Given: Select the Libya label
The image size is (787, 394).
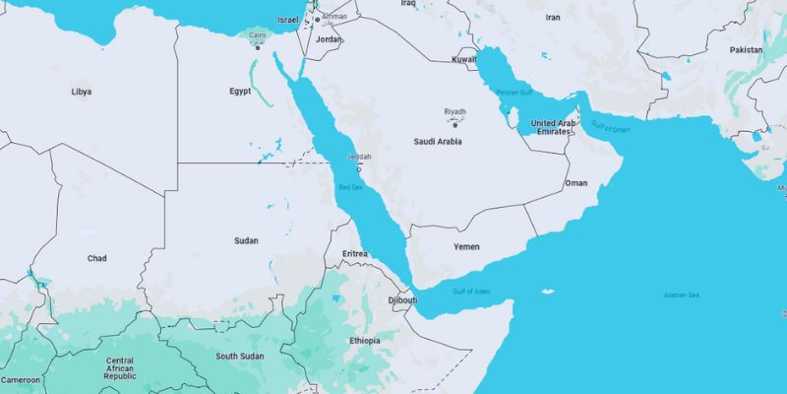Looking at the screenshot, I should (x=82, y=92).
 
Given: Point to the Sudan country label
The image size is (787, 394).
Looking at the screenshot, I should (x=246, y=240).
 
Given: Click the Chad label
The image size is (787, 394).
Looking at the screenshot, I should (x=96, y=258).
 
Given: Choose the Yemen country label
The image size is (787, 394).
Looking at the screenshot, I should (x=466, y=245).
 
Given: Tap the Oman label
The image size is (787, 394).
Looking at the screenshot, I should (x=575, y=183).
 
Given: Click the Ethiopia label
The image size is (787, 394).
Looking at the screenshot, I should (x=364, y=341).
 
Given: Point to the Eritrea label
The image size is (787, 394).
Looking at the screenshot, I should (x=354, y=254).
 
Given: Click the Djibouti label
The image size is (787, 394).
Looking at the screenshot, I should (x=403, y=299).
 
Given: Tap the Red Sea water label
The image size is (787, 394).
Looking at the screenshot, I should (x=350, y=187).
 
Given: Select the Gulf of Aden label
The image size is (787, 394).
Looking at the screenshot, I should (x=470, y=291).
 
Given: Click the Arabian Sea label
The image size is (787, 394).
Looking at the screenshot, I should (x=681, y=295).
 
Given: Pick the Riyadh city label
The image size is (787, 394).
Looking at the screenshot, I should (x=454, y=111).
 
